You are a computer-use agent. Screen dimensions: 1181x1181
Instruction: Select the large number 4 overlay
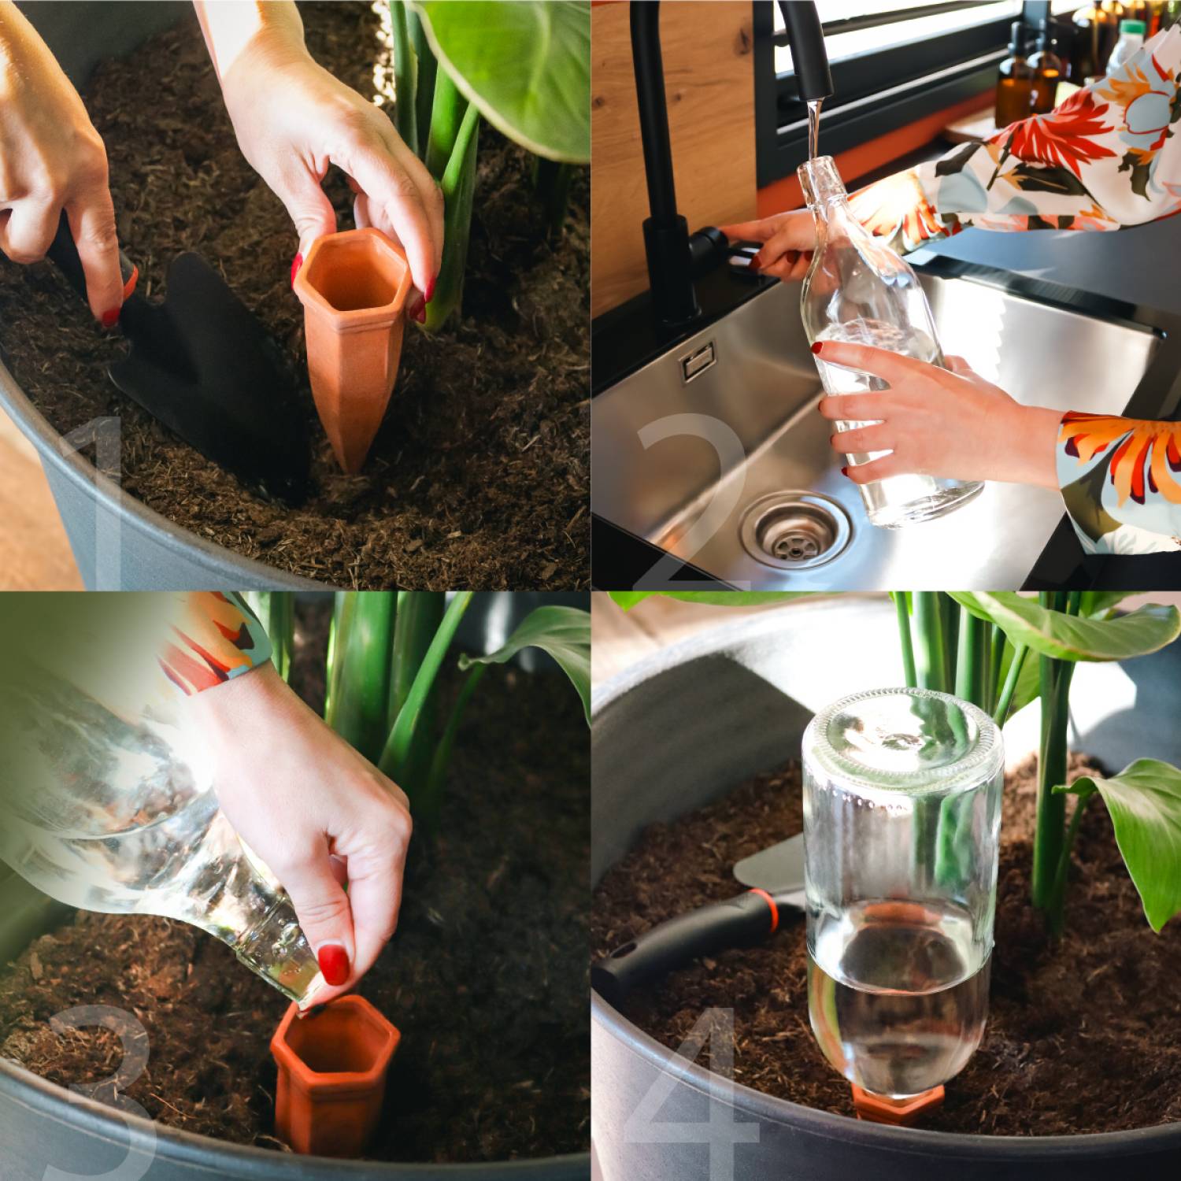pyautogui.click(x=693, y=1094)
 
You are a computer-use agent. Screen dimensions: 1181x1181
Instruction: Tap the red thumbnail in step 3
pyautogui.click(x=333, y=964)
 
